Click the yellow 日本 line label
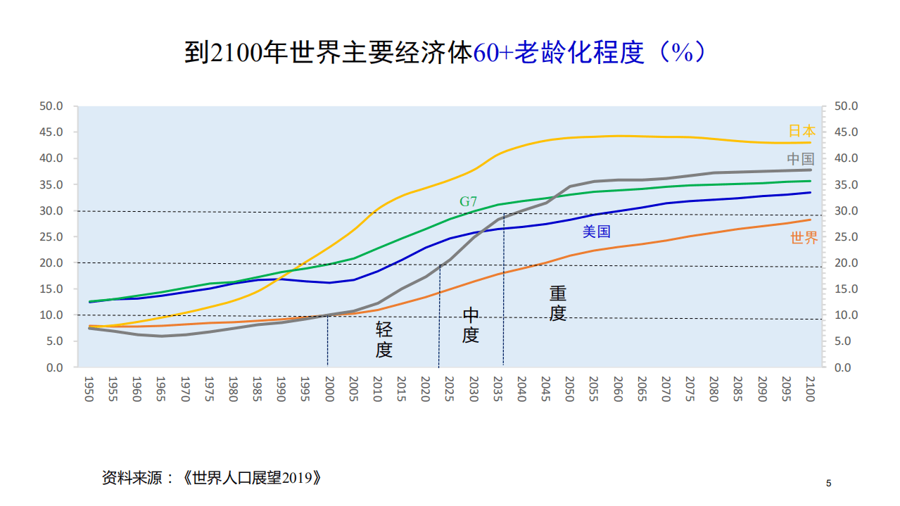tap(801, 131)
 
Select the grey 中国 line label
tap(801, 158)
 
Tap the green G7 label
tap(469, 202)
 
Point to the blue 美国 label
tap(596, 232)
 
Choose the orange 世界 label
tap(804, 239)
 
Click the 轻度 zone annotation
tap(384, 340)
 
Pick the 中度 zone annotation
tap(471, 325)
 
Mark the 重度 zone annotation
tap(558, 303)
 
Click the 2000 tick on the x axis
tap(329, 388)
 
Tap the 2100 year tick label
tap(809, 388)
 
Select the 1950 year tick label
tap(88, 388)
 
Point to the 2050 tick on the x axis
tap(569, 388)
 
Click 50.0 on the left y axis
tap(51, 106)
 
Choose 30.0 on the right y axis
tap(846, 211)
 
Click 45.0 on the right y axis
tap(846, 132)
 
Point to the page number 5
tap(828, 483)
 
